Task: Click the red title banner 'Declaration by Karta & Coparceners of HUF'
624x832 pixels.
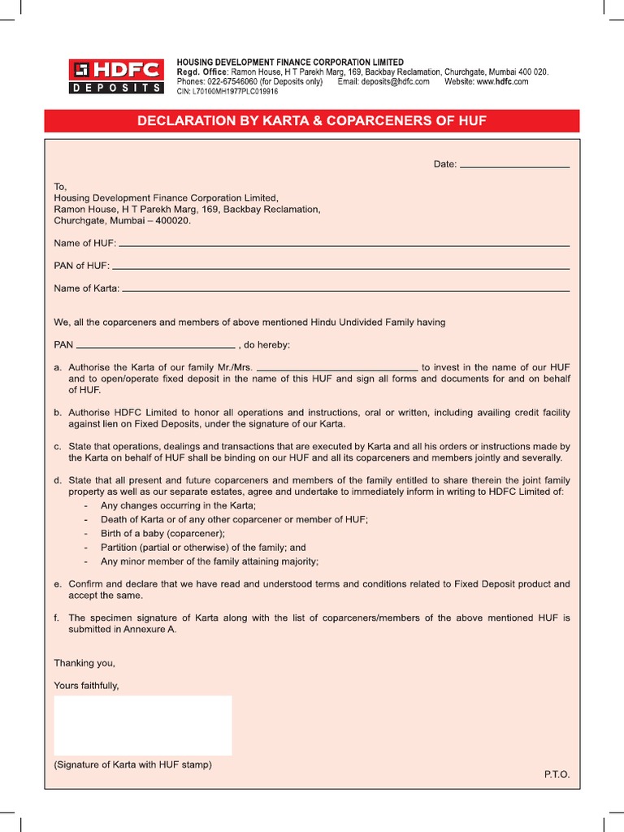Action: pyautogui.click(x=312, y=121)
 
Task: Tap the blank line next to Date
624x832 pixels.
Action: pyautogui.click(x=515, y=167)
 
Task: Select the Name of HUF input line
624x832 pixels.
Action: pyautogui.click(x=344, y=245)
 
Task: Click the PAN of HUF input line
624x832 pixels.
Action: pyautogui.click(x=340, y=267)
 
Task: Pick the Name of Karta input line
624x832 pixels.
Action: pyautogui.click(x=346, y=290)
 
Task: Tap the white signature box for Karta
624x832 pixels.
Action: pyautogui.click(x=143, y=725)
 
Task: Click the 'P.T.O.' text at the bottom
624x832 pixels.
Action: pyautogui.click(x=557, y=774)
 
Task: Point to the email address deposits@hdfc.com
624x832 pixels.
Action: pyautogui.click(x=395, y=82)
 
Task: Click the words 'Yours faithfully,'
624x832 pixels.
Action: pyautogui.click(x=86, y=685)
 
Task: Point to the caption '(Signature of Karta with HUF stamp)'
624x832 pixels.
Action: pyautogui.click(x=132, y=765)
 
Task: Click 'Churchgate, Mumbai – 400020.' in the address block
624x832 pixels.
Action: pyautogui.click(x=122, y=220)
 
